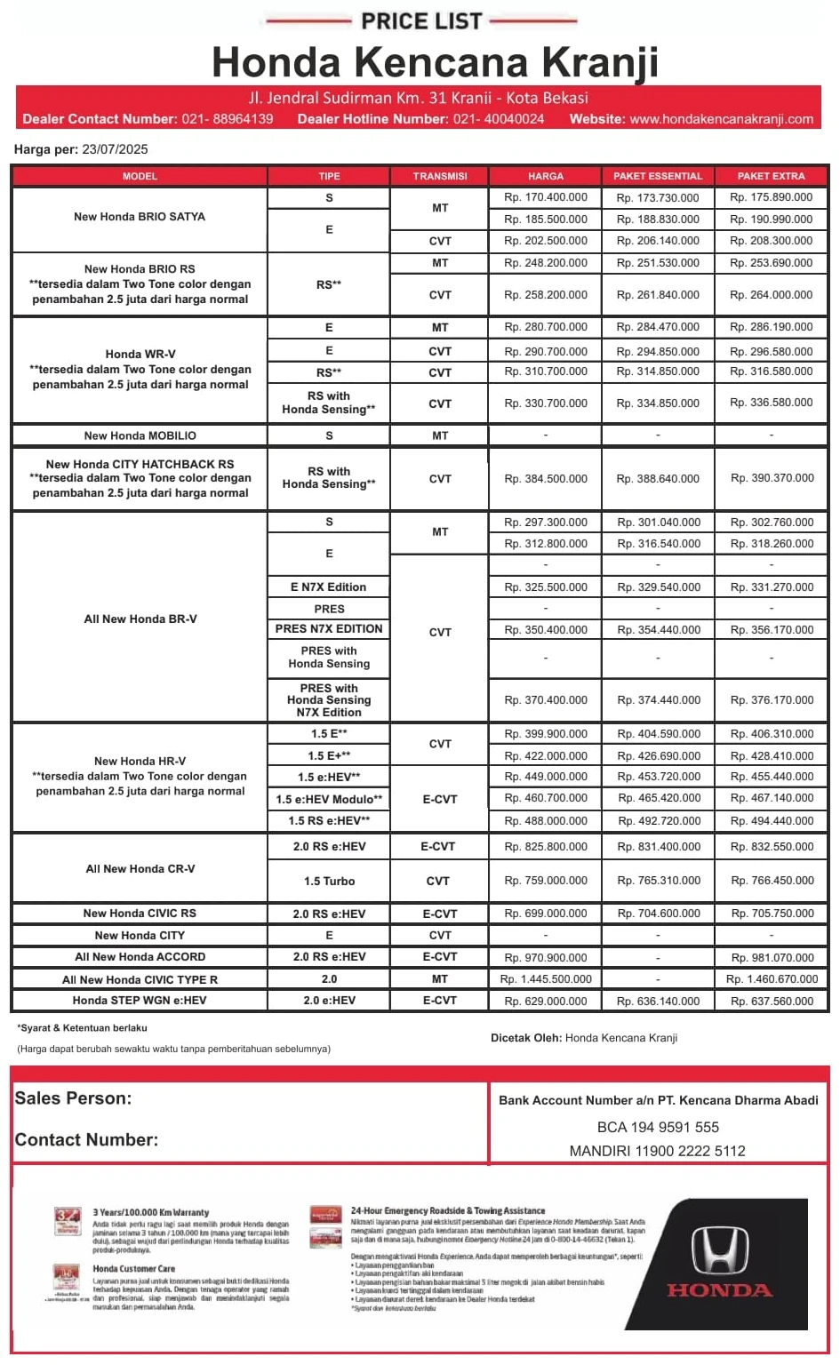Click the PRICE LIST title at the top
point(421,20)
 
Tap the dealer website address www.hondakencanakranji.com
point(721,119)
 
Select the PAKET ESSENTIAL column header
point(658,176)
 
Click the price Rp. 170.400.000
point(545,197)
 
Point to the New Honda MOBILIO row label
point(140,435)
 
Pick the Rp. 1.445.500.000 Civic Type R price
point(545,979)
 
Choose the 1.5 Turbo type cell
point(329,882)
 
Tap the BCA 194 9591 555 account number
point(658,1127)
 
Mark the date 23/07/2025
point(115,149)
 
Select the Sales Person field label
point(73,1098)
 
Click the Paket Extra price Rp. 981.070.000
point(772,958)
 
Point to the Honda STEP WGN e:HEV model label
point(140,1001)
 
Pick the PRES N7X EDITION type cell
point(329,629)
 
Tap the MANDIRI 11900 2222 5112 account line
point(658,1151)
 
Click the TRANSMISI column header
point(440,176)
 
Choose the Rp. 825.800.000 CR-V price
point(545,847)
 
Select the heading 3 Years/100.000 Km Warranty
point(151,1212)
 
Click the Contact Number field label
point(86,1140)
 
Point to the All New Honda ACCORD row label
point(140,957)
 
